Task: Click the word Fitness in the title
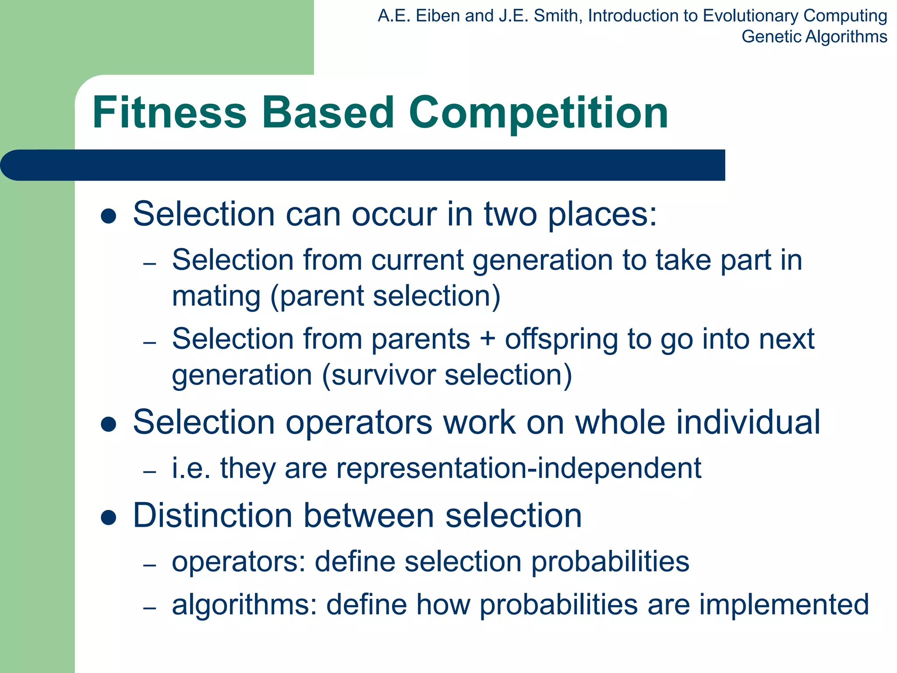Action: pos(170,113)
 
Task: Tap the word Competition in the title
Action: pos(538,113)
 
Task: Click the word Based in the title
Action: pos(328,113)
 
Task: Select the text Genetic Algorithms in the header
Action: pos(814,37)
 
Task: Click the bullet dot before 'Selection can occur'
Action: pos(108,216)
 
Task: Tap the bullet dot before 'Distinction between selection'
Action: pos(108,517)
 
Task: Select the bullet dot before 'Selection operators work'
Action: pos(108,424)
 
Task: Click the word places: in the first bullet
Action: pos(602,214)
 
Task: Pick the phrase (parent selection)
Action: pos(385,296)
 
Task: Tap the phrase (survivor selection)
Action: pos(447,375)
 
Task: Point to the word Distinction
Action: pos(212,515)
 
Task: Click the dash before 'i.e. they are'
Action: pos(150,472)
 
